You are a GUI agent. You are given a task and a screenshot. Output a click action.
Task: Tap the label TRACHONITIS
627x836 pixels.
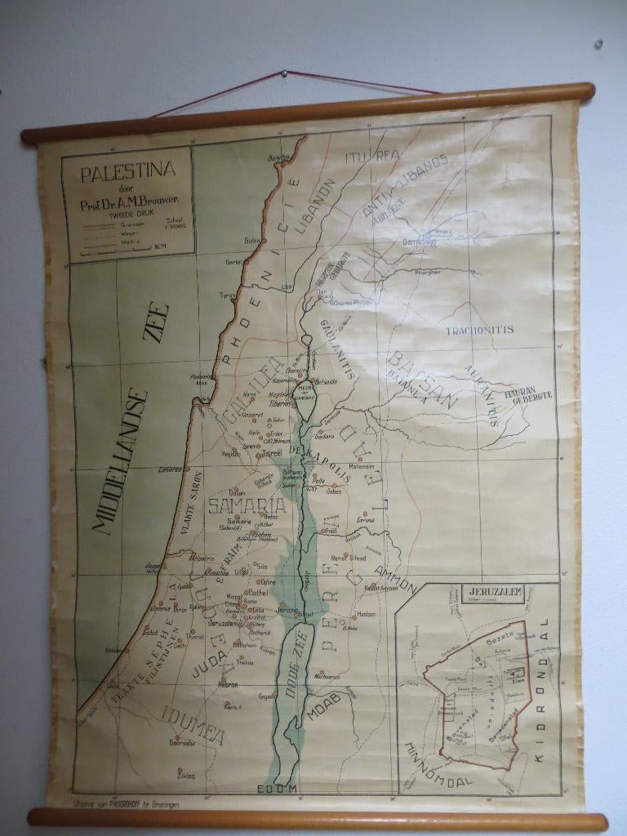pos(479,330)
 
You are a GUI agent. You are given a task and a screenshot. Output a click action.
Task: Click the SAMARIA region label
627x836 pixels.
pos(247,506)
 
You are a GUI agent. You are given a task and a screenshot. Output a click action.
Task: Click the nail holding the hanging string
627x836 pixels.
pos(283,73)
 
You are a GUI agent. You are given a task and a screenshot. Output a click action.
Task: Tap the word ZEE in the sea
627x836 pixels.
pos(157,324)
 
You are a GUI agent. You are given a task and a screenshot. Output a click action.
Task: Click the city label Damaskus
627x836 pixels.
pos(420,242)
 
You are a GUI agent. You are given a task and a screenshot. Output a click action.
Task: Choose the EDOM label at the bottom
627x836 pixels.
pos(278,789)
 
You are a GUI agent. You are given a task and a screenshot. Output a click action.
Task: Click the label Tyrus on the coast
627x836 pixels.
pos(226,296)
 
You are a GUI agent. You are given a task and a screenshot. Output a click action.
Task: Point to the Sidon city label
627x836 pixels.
pos(251,240)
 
